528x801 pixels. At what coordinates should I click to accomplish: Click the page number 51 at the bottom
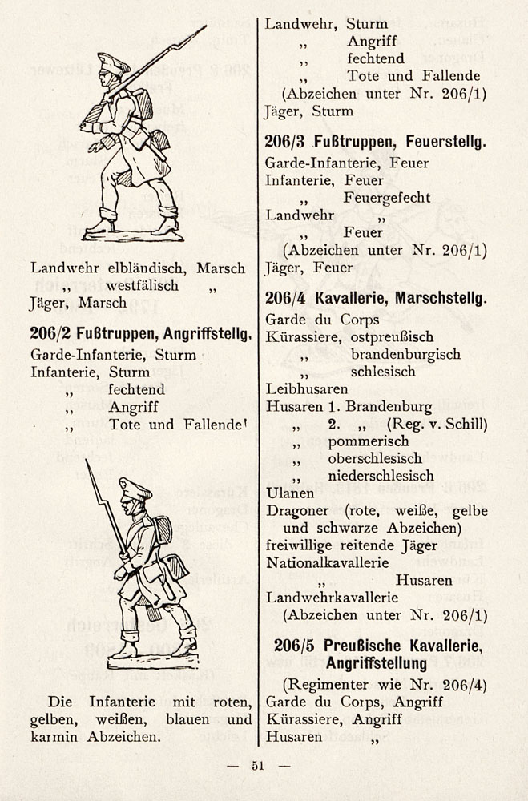pyautogui.click(x=258, y=766)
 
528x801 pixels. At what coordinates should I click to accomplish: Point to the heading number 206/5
pyautogui.click(x=296, y=645)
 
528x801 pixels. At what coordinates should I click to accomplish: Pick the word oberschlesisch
pyautogui.click(x=375, y=458)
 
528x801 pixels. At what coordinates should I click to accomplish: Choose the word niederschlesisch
pyautogui.click(x=379, y=476)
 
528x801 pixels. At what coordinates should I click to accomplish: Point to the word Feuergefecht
pyautogui.click(x=387, y=197)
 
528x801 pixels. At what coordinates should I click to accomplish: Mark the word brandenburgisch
pyautogui.click(x=405, y=353)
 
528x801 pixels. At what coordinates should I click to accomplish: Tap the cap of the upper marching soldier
pyautogui.click(x=114, y=61)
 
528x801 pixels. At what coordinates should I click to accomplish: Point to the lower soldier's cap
pyautogui.click(x=135, y=487)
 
